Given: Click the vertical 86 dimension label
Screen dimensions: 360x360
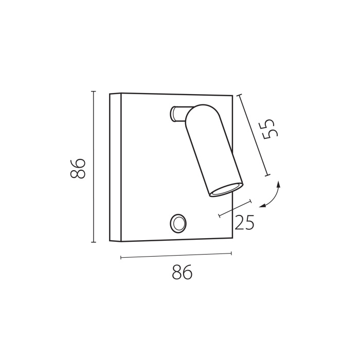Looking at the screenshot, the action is [78, 168].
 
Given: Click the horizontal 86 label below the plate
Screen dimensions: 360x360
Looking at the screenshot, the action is [182, 272].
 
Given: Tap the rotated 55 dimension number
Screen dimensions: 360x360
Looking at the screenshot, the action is [271, 129].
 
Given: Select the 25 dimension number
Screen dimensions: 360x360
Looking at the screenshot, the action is [244, 222].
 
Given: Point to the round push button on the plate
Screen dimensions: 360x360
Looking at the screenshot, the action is [178, 223].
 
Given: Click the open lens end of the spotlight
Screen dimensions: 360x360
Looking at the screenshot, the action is [226, 190].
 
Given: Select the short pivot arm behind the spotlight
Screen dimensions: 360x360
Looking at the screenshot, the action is [178, 114].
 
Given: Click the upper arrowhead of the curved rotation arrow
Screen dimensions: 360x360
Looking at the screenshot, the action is [279, 184].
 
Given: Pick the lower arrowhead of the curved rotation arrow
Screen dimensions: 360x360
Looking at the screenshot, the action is [262, 206].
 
